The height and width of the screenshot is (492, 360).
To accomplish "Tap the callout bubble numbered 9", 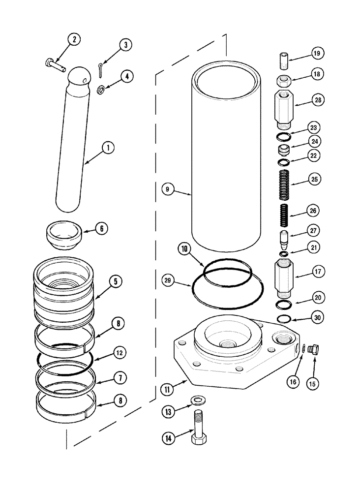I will tap(168, 188).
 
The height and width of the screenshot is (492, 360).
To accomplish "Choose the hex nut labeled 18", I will tap(284, 81).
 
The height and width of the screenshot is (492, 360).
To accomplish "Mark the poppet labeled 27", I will tap(284, 239).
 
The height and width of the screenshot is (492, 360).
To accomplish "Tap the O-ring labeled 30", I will tap(284, 318).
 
